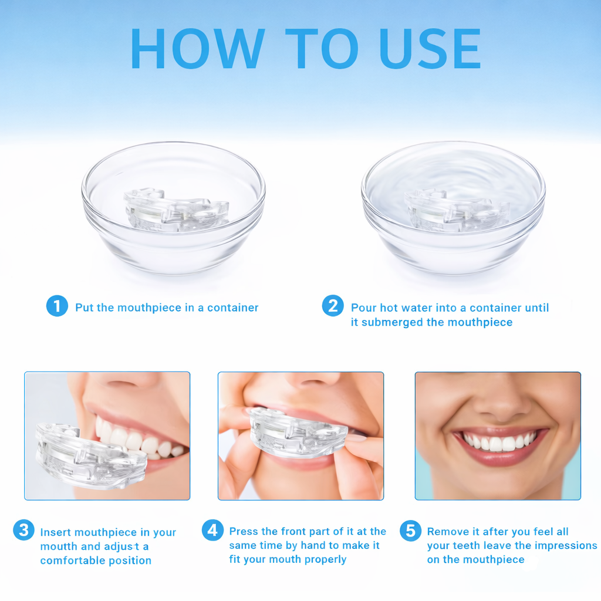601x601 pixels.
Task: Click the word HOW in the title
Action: pyautogui.click(x=197, y=48)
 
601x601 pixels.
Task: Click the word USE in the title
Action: pyautogui.click(x=430, y=48)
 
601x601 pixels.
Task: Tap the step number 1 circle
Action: pyautogui.click(x=57, y=306)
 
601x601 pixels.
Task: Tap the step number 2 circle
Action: pyautogui.click(x=333, y=306)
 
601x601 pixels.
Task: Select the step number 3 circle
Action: pyautogui.click(x=23, y=530)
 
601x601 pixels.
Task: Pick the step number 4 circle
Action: pyautogui.click(x=212, y=530)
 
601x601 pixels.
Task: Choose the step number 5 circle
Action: pyautogui.click(x=410, y=530)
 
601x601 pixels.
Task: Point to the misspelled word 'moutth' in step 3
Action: pyautogui.click(x=59, y=546)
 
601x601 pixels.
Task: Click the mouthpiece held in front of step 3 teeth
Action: pyautogui.click(x=88, y=455)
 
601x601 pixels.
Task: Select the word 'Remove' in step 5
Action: pyautogui.click(x=448, y=531)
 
